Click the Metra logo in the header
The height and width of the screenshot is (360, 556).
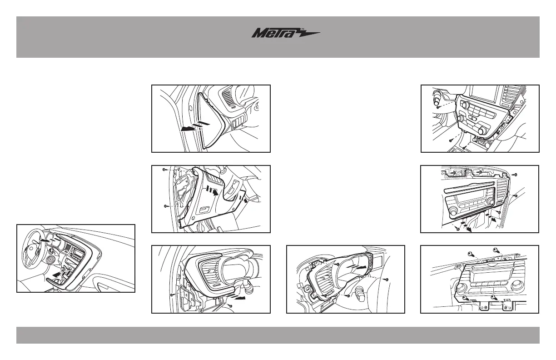click(x=286, y=34)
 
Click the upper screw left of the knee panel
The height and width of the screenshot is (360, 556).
click(x=164, y=170)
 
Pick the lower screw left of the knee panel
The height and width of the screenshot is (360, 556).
click(x=164, y=206)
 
